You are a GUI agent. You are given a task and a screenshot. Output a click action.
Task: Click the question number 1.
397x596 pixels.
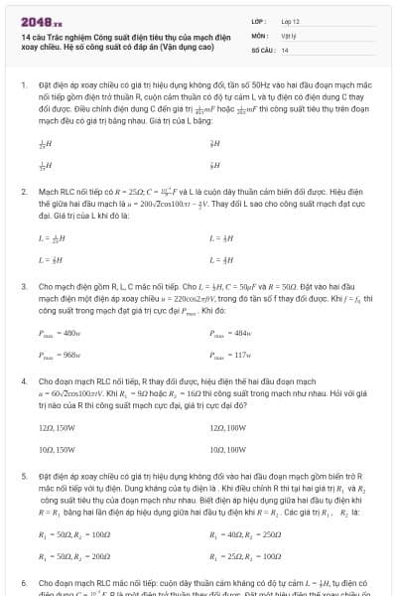click(23, 85)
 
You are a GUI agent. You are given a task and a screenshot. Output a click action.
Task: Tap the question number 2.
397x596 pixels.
click(23, 190)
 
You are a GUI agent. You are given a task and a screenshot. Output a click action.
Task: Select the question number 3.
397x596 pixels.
click(23, 285)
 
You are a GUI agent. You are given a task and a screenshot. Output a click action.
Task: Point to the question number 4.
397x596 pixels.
click(23, 380)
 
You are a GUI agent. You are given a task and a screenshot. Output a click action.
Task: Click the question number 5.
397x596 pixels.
click(23, 476)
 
